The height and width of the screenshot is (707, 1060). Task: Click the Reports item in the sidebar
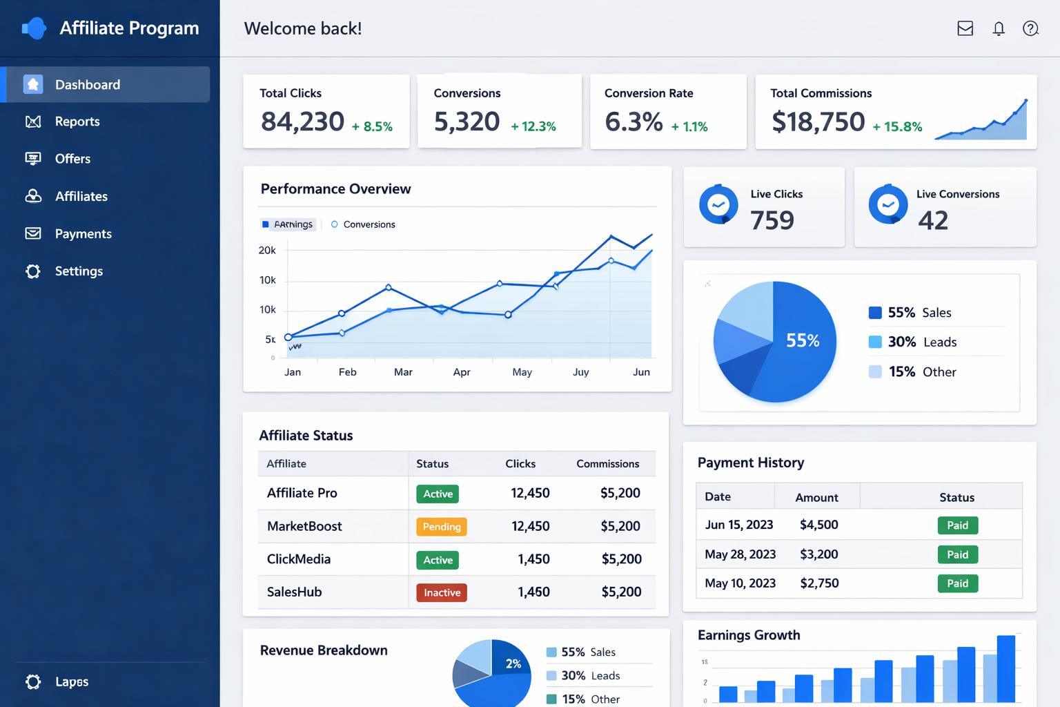click(x=77, y=122)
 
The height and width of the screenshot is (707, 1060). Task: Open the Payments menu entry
click(x=83, y=234)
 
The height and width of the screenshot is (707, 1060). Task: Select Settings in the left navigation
click(x=79, y=271)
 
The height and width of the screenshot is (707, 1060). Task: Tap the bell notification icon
click(x=999, y=28)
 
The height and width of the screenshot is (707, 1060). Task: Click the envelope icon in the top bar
click(x=965, y=28)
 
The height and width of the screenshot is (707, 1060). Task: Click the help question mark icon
click(x=1030, y=28)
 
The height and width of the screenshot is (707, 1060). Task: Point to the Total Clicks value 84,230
click(x=302, y=122)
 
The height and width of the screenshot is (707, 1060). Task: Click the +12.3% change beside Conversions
click(x=533, y=126)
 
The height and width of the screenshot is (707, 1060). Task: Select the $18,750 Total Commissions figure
click(x=818, y=122)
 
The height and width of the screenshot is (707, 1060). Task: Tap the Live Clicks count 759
click(x=772, y=221)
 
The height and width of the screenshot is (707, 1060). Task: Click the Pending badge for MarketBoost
click(x=442, y=527)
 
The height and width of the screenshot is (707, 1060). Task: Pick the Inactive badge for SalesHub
click(x=442, y=592)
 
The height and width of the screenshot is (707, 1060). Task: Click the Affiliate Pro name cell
click(x=302, y=493)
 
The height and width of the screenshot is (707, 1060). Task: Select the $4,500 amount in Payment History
click(x=818, y=525)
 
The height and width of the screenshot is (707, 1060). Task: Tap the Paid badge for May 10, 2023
click(x=957, y=583)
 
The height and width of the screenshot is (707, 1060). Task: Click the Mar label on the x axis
click(x=403, y=372)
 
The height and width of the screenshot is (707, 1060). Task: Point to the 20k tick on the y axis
click(x=267, y=250)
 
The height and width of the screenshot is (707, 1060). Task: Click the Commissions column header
click(x=607, y=464)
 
